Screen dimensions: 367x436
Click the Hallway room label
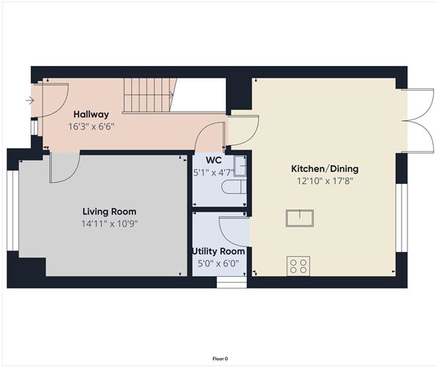91,114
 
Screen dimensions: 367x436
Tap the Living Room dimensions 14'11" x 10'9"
110,223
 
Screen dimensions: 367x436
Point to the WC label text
214,160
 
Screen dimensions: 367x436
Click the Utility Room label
218,251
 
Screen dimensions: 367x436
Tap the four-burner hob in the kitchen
299,265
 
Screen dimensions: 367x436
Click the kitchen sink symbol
300,218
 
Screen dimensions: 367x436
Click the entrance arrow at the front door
29,100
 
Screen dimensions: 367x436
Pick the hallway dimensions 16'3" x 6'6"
91,126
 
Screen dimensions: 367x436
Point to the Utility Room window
232,281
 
